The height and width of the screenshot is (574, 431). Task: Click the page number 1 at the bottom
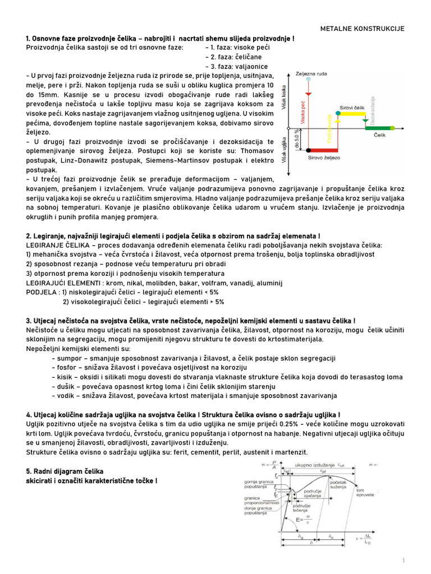[403, 561]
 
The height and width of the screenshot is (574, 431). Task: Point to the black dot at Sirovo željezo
[308, 150]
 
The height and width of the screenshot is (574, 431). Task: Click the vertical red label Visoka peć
[302, 115]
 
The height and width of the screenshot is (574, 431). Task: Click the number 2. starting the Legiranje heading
[29, 235]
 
